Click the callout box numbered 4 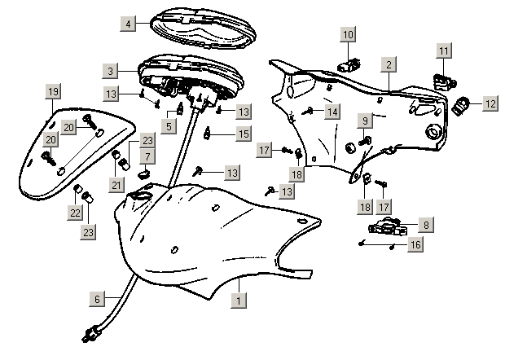(128, 24)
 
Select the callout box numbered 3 (110, 70)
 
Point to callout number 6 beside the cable (97, 299)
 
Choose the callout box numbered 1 (237, 301)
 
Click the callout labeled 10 (348, 35)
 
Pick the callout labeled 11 (443, 52)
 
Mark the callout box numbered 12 (490, 103)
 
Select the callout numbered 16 (415, 244)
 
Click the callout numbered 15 (244, 133)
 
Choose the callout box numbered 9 (366, 121)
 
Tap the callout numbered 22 (75, 213)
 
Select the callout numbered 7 (147, 156)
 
